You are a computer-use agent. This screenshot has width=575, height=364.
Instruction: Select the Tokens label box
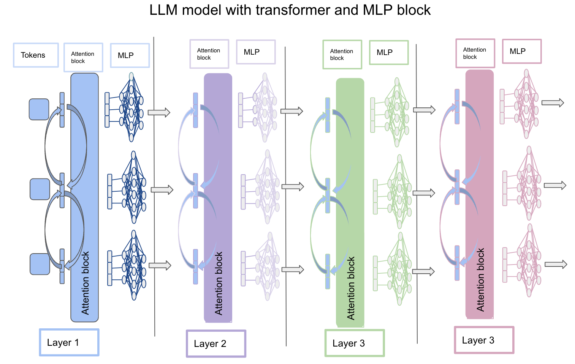[x=36, y=55]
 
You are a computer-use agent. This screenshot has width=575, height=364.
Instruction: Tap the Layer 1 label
[x=69, y=342]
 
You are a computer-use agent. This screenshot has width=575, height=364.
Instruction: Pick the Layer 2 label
[x=216, y=344]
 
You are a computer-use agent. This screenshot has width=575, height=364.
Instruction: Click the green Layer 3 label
[x=355, y=343]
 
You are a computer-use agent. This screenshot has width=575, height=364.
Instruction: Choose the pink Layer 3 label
[x=484, y=340]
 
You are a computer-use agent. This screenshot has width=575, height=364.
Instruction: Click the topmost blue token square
[x=39, y=109]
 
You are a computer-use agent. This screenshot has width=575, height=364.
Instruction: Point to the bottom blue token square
[x=40, y=264]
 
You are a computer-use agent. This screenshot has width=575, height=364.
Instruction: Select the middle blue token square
[x=40, y=189]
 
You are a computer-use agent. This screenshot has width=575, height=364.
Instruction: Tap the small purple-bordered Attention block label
[x=209, y=54]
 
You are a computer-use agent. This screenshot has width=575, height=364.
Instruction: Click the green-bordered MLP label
[x=389, y=52]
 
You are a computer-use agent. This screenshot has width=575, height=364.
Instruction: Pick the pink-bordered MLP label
[x=522, y=51]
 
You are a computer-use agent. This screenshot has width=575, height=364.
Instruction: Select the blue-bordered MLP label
[x=130, y=55]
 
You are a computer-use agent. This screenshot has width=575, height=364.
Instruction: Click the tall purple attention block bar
[x=218, y=197]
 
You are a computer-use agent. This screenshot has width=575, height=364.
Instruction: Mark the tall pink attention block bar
[x=480, y=194]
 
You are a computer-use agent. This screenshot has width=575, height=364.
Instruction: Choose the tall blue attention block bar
[x=84, y=197]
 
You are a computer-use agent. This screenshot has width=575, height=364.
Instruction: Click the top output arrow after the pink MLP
[x=553, y=103]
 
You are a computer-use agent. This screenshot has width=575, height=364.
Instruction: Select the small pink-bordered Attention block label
[x=475, y=53]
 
